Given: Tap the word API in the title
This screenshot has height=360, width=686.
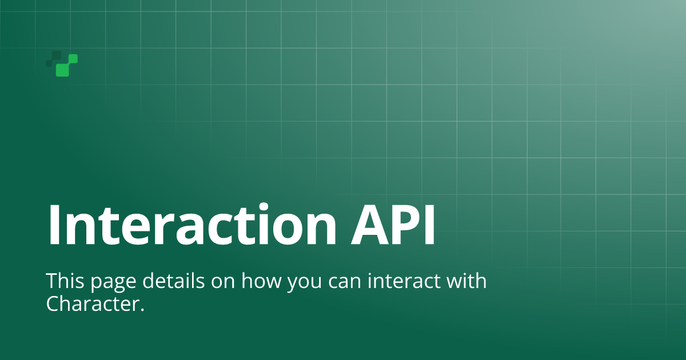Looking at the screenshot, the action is tap(393, 225).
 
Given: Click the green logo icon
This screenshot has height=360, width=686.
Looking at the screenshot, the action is tap(62, 63).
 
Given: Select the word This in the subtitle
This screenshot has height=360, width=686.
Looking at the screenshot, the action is tap(65, 281).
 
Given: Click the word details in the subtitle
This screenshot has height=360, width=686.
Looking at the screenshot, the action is tap(173, 280).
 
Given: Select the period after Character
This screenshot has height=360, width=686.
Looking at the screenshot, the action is tap(142, 310).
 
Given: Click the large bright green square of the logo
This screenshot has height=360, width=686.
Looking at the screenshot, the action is tap(62, 70).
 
